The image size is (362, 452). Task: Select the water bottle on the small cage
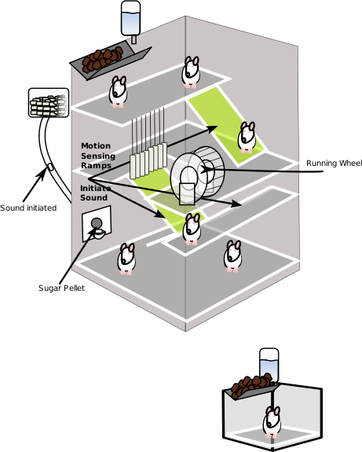269,365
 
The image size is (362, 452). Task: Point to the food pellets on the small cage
250,385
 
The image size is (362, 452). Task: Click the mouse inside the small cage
272,422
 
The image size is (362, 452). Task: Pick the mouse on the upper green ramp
247,137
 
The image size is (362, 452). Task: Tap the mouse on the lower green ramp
192,229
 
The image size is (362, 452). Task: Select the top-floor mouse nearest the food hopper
118,91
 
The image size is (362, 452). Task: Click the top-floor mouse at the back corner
191,72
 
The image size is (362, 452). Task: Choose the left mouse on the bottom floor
126,259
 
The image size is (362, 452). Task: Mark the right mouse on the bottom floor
232,255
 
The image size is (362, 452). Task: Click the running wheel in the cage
196,172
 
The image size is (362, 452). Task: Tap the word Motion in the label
96,146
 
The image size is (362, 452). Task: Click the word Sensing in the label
98,156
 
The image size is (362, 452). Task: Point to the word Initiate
96,188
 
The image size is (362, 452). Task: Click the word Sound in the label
93,198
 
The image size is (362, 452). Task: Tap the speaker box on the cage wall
97,224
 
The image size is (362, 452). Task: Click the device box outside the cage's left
49,103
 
